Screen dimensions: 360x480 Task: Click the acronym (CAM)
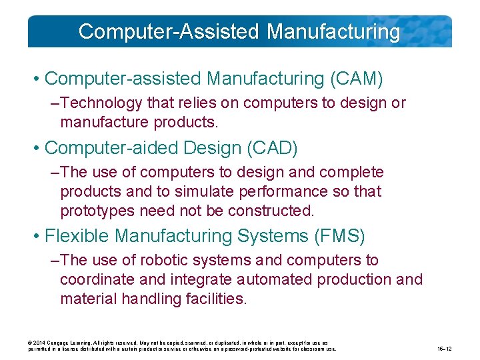pyautogui.click(x=357, y=79)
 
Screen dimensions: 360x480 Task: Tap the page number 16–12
pyautogui.click(x=444, y=349)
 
